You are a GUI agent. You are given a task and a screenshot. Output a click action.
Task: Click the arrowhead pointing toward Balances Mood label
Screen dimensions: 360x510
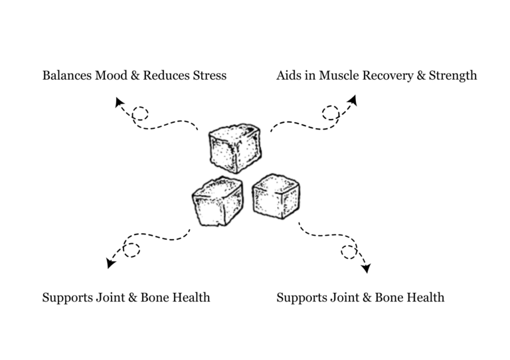tap(120, 102)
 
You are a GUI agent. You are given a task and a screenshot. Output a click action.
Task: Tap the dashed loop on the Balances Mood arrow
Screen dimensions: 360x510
tap(140, 114)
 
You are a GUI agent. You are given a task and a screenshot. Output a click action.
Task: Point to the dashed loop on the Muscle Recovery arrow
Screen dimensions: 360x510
tap(330, 112)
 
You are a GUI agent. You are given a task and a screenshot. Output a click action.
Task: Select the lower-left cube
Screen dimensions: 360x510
tap(214, 200)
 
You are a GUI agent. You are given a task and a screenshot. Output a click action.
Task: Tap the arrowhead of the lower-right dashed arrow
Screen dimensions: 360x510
tap(365, 269)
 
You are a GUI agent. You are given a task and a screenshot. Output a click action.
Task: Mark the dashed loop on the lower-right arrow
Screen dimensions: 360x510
tap(348, 251)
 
